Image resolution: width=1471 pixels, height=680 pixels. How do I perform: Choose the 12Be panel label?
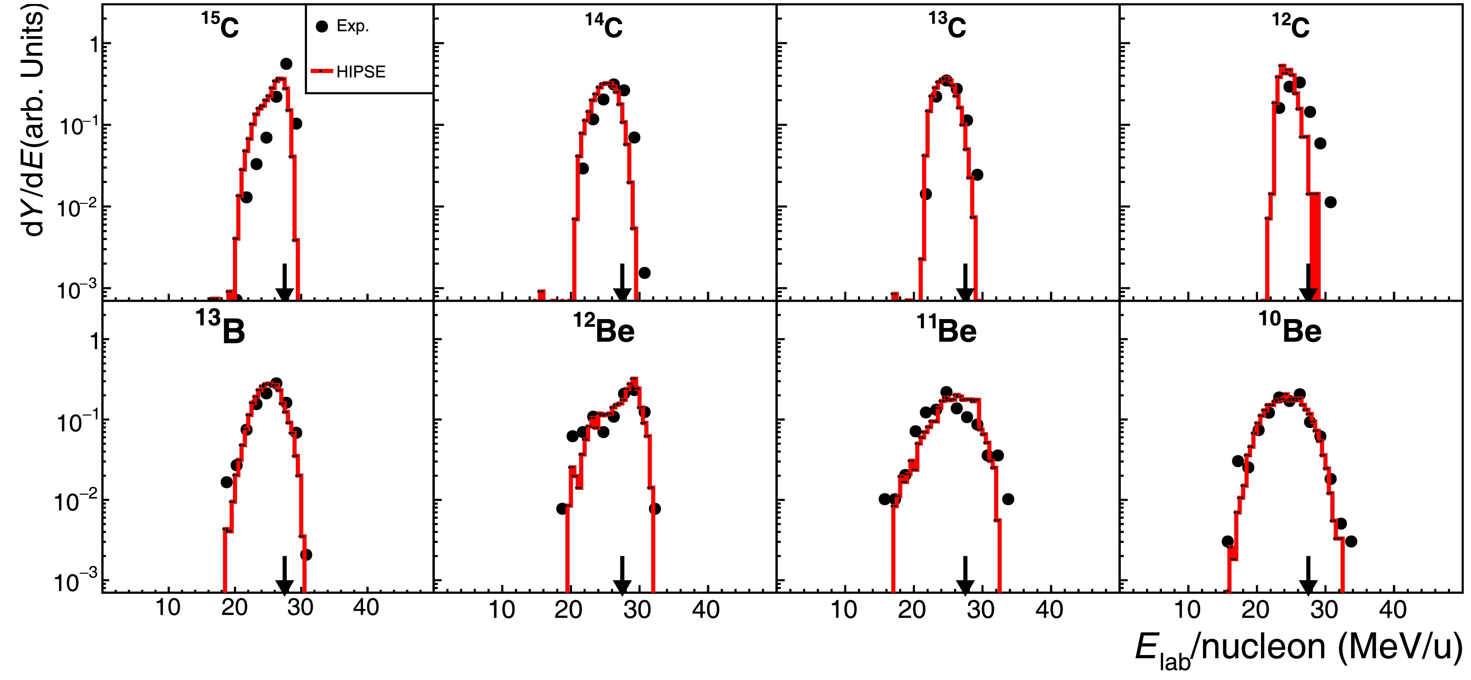click(x=604, y=330)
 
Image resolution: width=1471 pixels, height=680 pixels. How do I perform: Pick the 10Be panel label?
click(x=1290, y=330)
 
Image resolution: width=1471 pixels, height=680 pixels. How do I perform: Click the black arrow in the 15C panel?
click(x=285, y=283)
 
